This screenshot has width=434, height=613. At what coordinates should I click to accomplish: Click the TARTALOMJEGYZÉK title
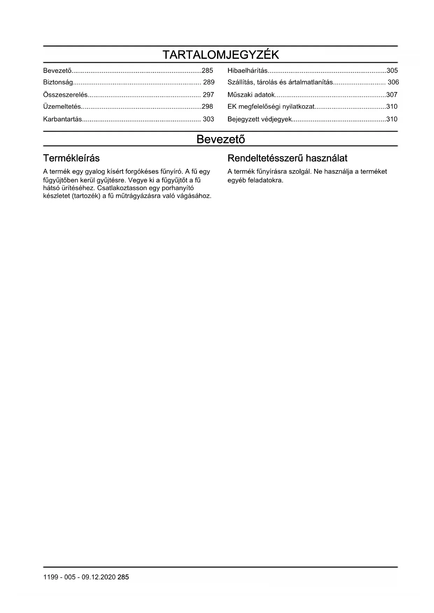coord(221,55)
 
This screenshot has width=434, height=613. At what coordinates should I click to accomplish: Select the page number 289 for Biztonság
coord(209,82)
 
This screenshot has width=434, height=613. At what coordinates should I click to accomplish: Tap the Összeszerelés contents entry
coord(65,95)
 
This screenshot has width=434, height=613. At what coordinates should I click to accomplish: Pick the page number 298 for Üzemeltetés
coord(207,107)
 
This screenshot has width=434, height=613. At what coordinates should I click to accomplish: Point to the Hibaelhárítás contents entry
coord(248,71)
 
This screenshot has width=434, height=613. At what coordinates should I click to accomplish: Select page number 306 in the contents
coord(393,82)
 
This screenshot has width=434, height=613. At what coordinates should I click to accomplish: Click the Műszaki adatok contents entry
coord(251,95)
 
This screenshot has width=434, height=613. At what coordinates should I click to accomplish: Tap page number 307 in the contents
coord(392,95)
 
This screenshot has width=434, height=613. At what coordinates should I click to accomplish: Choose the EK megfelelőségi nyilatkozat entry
coord(271,107)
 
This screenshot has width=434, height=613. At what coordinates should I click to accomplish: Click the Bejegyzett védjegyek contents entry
coord(259,119)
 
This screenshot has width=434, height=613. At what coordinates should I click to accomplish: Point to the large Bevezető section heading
coord(221,139)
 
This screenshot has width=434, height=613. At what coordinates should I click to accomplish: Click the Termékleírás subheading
coord(71,158)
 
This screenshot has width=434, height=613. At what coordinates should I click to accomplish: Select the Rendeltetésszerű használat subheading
coord(287,158)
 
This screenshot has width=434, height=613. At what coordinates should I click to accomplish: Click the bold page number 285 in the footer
coord(123,577)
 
